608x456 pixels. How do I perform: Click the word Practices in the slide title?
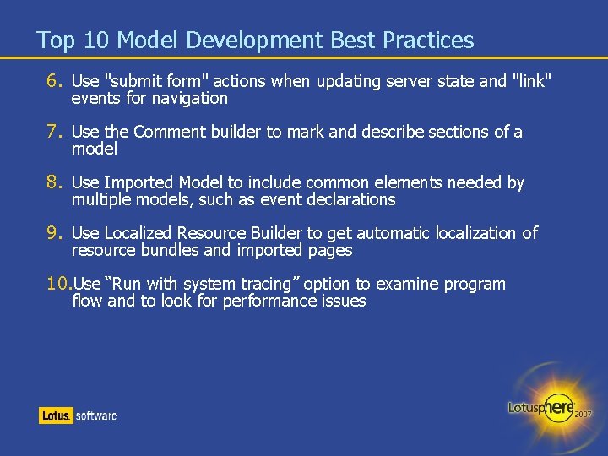(428, 40)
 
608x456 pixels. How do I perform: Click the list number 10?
(58, 284)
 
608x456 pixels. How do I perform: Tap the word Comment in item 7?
(169, 132)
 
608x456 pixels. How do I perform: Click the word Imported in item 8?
(136, 182)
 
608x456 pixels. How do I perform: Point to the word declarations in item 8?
(354, 200)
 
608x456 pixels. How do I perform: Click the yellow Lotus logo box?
(56, 415)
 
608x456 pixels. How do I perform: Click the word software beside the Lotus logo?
(96, 415)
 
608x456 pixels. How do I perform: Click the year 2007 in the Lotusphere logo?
(583, 415)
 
